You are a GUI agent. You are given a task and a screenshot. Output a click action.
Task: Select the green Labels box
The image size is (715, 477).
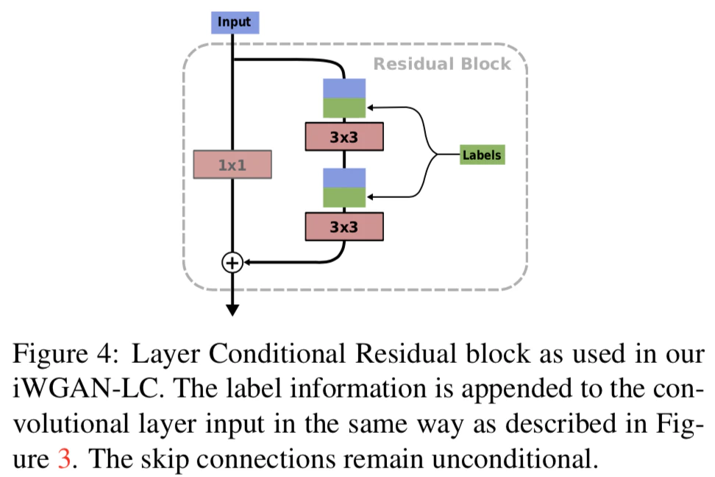pyautogui.click(x=482, y=155)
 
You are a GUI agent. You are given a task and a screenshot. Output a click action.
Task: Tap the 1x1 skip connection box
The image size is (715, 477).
pyautogui.click(x=232, y=164)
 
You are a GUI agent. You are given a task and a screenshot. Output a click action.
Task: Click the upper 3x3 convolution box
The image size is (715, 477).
pyautogui.click(x=344, y=136)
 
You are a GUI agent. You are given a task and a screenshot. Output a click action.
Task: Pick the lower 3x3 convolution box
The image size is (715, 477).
pyautogui.click(x=344, y=227)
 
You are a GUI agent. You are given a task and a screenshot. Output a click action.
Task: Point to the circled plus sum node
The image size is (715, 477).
pyautogui.click(x=232, y=262)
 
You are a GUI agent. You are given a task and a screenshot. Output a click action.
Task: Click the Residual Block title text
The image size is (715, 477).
pyautogui.click(x=441, y=64)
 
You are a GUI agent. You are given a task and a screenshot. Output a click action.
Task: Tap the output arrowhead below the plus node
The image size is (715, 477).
pyautogui.click(x=232, y=309)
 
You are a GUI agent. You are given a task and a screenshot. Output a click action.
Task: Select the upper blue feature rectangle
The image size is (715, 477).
pyautogui.click(x=344, y=88)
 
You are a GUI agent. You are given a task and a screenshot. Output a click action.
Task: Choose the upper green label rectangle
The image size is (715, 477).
pyautogui.click(x=344, y=108)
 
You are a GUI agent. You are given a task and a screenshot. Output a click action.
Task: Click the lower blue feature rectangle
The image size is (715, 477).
pyautogui.click(x=344, y=177)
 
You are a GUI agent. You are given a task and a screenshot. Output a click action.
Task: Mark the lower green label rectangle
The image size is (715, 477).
pyautogui.click(x=344, y=197)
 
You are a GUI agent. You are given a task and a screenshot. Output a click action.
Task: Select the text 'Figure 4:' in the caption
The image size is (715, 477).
pyautogui.click(x=63, y=354)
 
